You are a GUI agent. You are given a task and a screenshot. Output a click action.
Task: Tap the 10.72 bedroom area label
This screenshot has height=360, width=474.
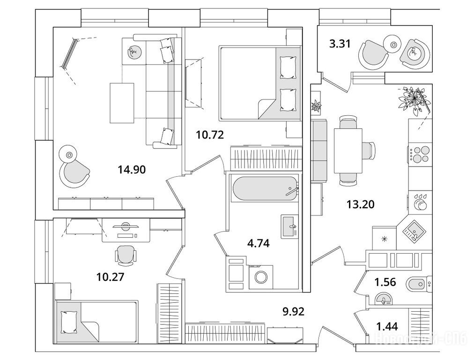pyautogui.click(x=210, y=135)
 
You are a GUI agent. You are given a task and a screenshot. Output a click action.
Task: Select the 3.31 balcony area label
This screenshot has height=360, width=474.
pyautogui.click(x=339, y=45)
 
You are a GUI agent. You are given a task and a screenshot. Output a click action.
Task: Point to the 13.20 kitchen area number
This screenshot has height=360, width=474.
pyautogui.click(x=360, y=204)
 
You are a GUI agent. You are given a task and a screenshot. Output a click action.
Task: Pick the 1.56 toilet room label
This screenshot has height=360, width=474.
pyautogui.click(x=386, y=283)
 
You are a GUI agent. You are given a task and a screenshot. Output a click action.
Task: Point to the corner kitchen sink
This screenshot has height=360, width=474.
pyautogui.click(x=414, y=231)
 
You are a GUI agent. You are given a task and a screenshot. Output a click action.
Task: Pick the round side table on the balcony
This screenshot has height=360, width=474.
pyautogui.click(x=393, y=45)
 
